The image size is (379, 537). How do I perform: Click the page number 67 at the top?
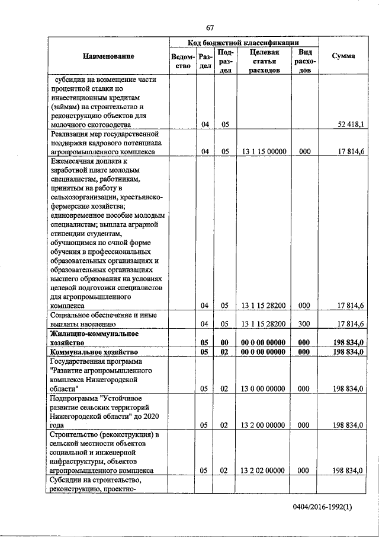coord(210,27)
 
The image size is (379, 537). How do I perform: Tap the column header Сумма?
coord(343,56)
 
